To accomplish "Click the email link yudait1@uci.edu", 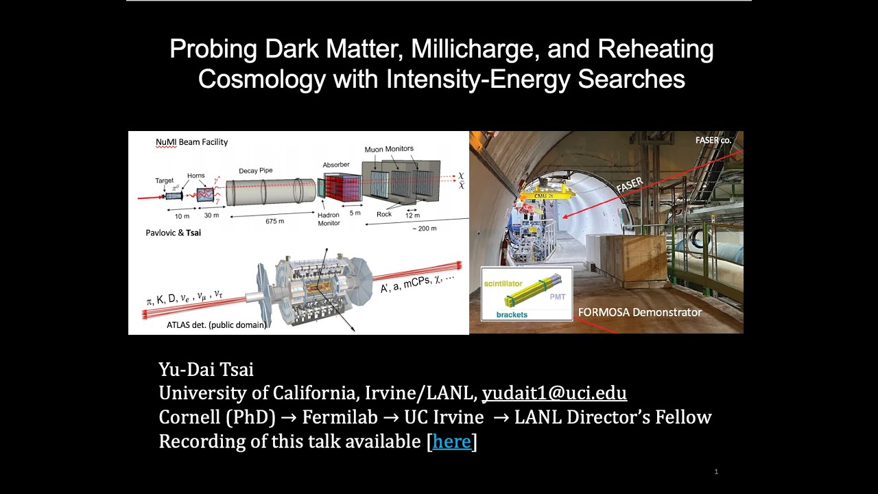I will pos(554,393).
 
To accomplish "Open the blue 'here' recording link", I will pos(451,441).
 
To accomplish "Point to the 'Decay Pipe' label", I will pos(257,171).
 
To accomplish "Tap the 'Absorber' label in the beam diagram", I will pos(336,165).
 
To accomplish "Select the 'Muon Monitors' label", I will pos(388,148).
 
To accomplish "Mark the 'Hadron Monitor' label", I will pos(329,220).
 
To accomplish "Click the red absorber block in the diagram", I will pos(342,189).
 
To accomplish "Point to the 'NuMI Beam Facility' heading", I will pos(191,142).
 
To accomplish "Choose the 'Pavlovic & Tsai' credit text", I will pos(173,233).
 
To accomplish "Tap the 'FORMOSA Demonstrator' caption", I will pos(639,312).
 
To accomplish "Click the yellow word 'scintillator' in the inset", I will pos(503,283).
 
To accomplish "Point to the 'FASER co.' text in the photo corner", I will pos(713,140).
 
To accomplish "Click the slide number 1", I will pos(716,471).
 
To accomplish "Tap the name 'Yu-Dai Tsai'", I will pos(206,370).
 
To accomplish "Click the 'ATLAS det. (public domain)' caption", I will pos(216,325).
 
